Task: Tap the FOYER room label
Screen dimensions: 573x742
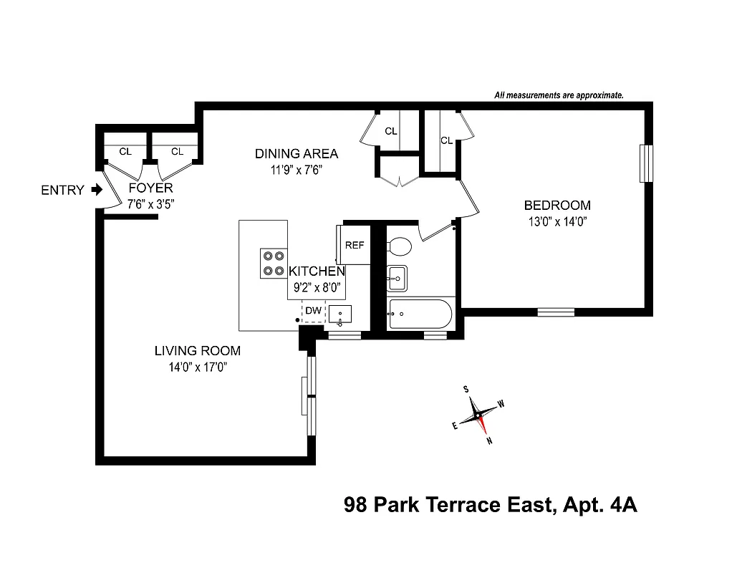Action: [x=150, y=188]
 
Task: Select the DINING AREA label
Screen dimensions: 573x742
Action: [x=297, y=154]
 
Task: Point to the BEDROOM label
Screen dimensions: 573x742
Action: [x=557, y=206]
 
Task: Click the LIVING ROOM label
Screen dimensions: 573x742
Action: [x=198, y=351]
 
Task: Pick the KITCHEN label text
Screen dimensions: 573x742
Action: [x=317, y=272]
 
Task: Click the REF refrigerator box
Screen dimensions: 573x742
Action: [x=355, y=245]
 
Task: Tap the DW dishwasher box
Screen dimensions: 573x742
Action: [x=313, y=311]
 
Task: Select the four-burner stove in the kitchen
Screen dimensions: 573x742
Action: [x=272, y=263]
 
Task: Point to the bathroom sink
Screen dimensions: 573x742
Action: [x=397, y=278]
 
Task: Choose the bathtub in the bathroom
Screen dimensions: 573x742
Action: [x=420, y=314]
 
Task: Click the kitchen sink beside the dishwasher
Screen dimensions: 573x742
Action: [x=340, y=314]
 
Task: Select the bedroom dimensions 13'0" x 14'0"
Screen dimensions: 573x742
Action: [x=557, y=221]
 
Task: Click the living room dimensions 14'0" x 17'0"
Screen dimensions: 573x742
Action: [x=198, y=367]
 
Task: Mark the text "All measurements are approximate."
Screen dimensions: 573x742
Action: [x=559, y=95]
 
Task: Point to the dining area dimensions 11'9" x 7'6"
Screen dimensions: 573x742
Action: [x=297, y=170]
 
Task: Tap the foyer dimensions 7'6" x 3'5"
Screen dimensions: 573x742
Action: [x=150, y=203]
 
